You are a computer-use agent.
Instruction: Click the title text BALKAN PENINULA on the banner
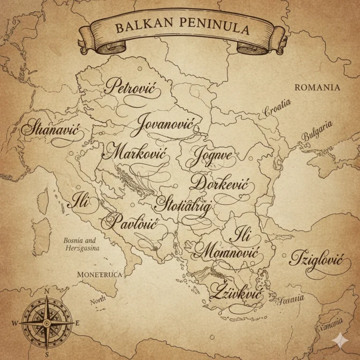coord(182,28)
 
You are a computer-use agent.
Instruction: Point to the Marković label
coord(136,152)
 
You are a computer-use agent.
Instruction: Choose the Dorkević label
coord(220,184)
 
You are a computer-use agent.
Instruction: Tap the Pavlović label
coord(130,222)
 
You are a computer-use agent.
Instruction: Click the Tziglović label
coord(316,259)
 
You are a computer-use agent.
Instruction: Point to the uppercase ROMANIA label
coord(317,87)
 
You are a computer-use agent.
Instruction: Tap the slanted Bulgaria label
coord(317,130)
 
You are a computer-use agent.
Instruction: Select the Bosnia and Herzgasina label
coord(82,245)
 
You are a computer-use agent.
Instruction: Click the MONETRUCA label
coord(99,275)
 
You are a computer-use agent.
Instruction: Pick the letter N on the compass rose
coord(46,291)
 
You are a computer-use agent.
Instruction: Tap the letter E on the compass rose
coord(77,322)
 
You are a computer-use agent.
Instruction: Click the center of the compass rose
coord(46,323)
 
